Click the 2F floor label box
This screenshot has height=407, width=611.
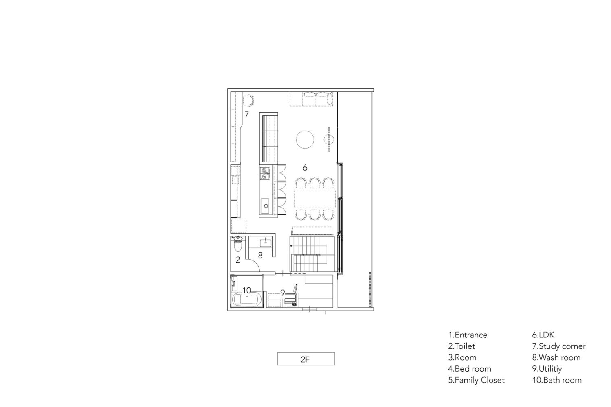[306, 359]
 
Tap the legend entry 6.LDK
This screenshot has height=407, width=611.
[543, 335]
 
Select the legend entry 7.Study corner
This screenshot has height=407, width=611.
[558, 346]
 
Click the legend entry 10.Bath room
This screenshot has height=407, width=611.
[557, 380]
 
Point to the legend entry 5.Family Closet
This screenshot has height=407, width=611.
[476, 380]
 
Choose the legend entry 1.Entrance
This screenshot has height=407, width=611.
[468, 335]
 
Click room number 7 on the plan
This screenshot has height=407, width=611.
[247, 114]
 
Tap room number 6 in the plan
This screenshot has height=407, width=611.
[305, 167]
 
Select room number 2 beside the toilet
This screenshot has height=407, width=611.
[238, 260]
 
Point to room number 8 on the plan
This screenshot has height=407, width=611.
[260, 255]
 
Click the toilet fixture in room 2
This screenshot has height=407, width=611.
[238, 244]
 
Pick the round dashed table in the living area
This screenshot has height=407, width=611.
[305, 140]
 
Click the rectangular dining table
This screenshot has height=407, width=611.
[314, 199]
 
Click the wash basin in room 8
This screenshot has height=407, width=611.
[266, 242]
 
